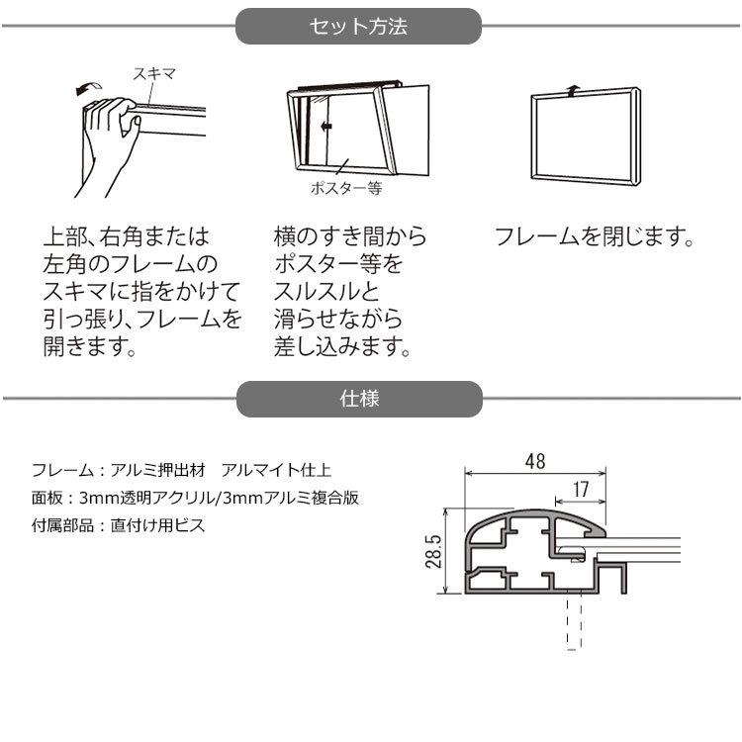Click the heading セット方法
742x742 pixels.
pyautogui.click(x=358, y=27)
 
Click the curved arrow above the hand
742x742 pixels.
pyautogui.click(x=87, y=88)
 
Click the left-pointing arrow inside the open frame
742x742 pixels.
pyautogui.click(x=326, y=126)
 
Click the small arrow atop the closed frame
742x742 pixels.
pyautogui.click(x=573, y=88)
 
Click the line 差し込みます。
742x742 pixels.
pyautogui.click(x=341, y=348)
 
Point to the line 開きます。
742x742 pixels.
pyautogui.click(x=88, y=348)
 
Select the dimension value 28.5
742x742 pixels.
pyautogui.click(x=433, y=553)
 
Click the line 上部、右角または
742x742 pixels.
pyautogui.click(x=126, y=238)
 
